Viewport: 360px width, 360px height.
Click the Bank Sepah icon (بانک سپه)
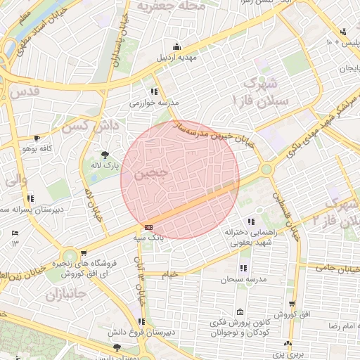pyautogui.click(x=148, y=228)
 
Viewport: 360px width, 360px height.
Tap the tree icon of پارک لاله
pyautogui.click(x=105, y=155)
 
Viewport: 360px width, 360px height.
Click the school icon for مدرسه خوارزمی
pyautogui.click(x=154, y=91)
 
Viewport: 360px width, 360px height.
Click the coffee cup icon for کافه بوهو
pyautogui.click(x=37, y=139)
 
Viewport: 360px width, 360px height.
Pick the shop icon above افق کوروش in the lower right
pyautogui.click(x=292, y=304)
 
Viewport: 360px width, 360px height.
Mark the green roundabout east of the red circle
pyautogui.click(x=266, y=169)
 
